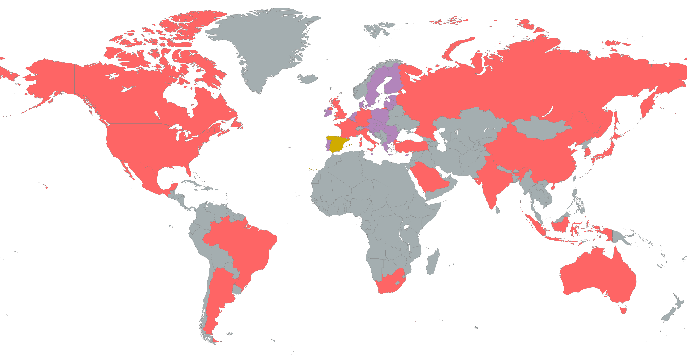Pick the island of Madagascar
[433, 263]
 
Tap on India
[493, 184]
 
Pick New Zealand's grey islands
[672, 312]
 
